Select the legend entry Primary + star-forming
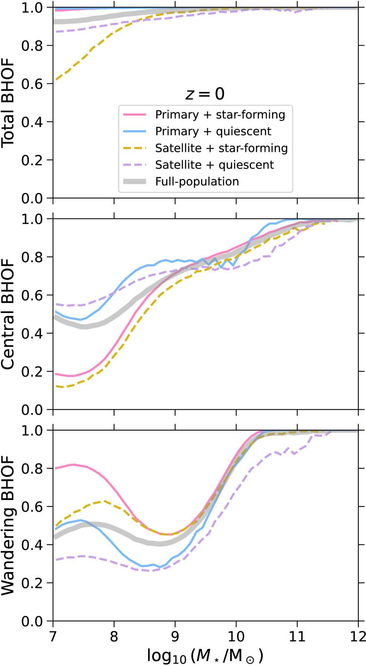click(x=220, y=115)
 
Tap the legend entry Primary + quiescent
click(x=213, y=131)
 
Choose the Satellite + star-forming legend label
click(x=222, y=148)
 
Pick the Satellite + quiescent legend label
click(x=214, y=165)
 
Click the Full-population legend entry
click(x=197, y=181)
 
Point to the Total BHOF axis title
click(x=8, y=103)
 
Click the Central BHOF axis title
click(x=8, y=314)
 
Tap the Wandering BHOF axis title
click(x=8, y=525)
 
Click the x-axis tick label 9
click(x=175, y=636)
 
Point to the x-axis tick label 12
click(x=357, y=636)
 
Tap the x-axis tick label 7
click(x=53, y=636)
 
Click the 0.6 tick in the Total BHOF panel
click(x=31, y=84)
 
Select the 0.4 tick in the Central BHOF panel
click(x=31, y=333)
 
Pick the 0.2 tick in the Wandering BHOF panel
click(x=31, y=583)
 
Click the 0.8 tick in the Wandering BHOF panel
click(x=31, y=468)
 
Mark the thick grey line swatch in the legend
click(x=135, y=181)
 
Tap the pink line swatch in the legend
click(x=135, y=115)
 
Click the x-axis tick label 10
click(x=236, y=636)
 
